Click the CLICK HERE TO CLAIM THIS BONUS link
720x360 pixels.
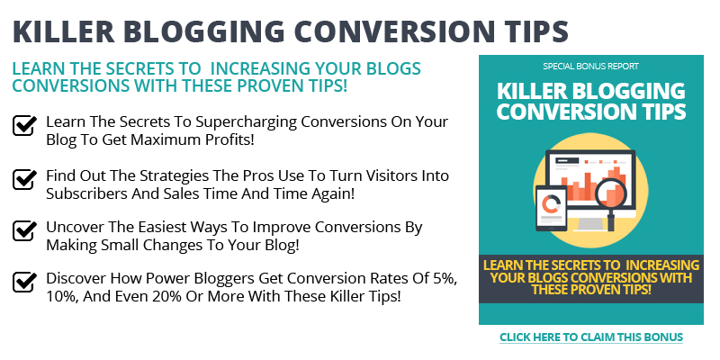pos(591,337)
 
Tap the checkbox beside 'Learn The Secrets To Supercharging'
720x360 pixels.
pos(24,125)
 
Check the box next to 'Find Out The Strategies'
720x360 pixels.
pos(24,179)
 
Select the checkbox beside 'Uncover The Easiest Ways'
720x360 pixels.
pos(24,230)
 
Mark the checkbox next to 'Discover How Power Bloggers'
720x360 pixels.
pos(24,282)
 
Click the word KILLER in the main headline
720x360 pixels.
pos(63,31)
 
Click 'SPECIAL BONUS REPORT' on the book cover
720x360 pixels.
pos(590,67)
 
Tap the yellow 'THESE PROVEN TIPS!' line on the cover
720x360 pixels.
pos(591,290)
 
